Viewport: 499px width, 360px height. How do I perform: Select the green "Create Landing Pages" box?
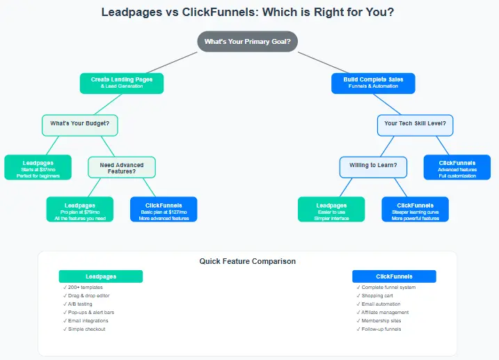click(x=122, y=83)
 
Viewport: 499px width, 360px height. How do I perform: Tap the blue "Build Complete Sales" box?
click(x=373, y=83)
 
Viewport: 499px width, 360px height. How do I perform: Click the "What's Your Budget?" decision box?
click(x=80, y=125)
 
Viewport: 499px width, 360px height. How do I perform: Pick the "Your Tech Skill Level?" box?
click(x=415, y=125)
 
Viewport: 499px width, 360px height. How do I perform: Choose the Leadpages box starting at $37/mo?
click(x=38, y=167)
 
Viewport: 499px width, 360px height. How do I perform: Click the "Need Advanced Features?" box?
click(x=122, y=167)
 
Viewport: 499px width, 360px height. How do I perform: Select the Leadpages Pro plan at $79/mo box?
click(x=80, y=209)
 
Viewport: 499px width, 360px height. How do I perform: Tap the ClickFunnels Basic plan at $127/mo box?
click(x=164, y=209)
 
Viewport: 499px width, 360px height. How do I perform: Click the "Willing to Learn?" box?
click(x=373, y=166)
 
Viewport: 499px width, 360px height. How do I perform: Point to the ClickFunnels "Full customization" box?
click(x=457, y=167)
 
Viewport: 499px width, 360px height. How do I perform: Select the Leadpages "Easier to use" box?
click(x=331, y=209)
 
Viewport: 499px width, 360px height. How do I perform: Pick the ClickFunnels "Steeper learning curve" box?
click(x=415, y=209)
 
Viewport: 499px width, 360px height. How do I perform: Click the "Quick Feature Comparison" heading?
click(x=247, y=262)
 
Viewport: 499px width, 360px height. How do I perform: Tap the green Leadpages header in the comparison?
click(x=101, y=276)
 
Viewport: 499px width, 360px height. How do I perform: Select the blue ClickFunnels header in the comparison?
click(x=394, y=276)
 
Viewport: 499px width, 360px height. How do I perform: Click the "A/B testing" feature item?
click(x=81, y=304)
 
